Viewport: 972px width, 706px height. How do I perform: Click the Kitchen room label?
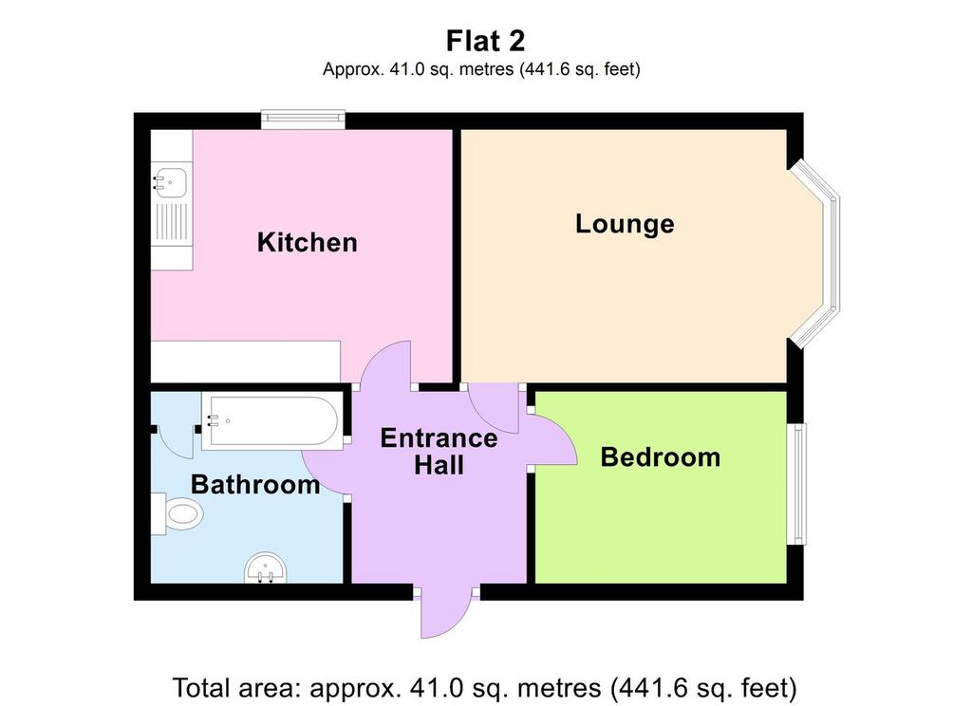[x=308, y=242]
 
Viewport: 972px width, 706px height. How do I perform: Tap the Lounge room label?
[x=625, y=224]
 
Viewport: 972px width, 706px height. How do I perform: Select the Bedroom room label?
[x=661, y=457]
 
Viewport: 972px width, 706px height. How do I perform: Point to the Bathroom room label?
[x=254, y=484]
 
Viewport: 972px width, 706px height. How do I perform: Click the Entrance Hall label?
[x=439, y=451]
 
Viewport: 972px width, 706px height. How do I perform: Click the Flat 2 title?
[x=485, y=41]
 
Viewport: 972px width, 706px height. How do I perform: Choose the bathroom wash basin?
[x=266, y=568]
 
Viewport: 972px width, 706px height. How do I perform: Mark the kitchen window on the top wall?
[x=303, y=120]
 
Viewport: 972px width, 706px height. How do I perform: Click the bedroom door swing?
[x=553, y=439]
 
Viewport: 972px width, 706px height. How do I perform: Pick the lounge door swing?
[x=494, y=408]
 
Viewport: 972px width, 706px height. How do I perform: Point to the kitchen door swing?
[x=385, y=364]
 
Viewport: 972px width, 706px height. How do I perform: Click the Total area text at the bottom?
[x=484, y=688]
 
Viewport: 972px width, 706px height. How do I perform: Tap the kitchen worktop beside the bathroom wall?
[x=246, y=362]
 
